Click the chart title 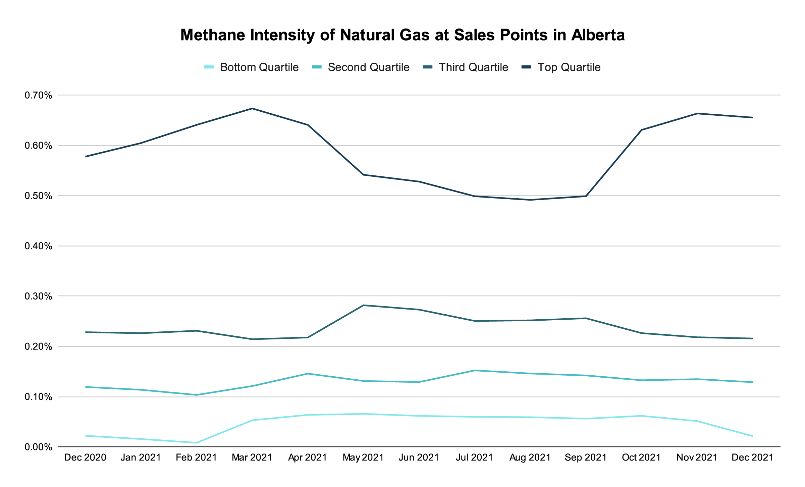402,35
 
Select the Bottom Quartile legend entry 252,67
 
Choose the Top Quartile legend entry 561,67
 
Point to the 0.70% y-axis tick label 39,96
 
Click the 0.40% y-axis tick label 39,246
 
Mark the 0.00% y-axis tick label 39,447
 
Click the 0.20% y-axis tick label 39,346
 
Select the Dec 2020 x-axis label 85,457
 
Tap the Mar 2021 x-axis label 252,457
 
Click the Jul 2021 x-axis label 474,457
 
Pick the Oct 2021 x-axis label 641,457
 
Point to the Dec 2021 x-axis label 752,457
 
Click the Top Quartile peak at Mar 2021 252,108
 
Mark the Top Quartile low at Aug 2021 530,200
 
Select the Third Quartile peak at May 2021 364,305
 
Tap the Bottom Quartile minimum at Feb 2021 197,443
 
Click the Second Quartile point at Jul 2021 475,370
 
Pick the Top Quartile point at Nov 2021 697,113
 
